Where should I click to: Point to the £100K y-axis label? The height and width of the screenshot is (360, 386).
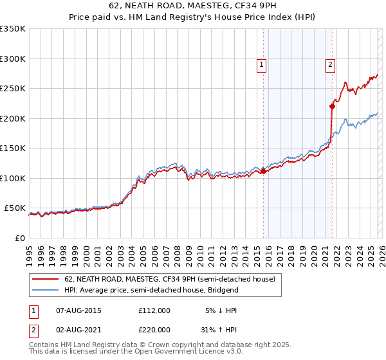[13, 178]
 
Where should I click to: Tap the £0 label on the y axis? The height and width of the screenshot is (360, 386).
[19, 238]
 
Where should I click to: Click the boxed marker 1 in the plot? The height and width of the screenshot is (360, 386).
[262, 64]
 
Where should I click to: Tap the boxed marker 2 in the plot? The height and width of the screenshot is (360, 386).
[330, 64]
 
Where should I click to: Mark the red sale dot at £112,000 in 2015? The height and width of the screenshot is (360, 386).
[263, 171]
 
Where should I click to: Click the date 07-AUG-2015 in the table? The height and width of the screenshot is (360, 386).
[79, 310]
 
